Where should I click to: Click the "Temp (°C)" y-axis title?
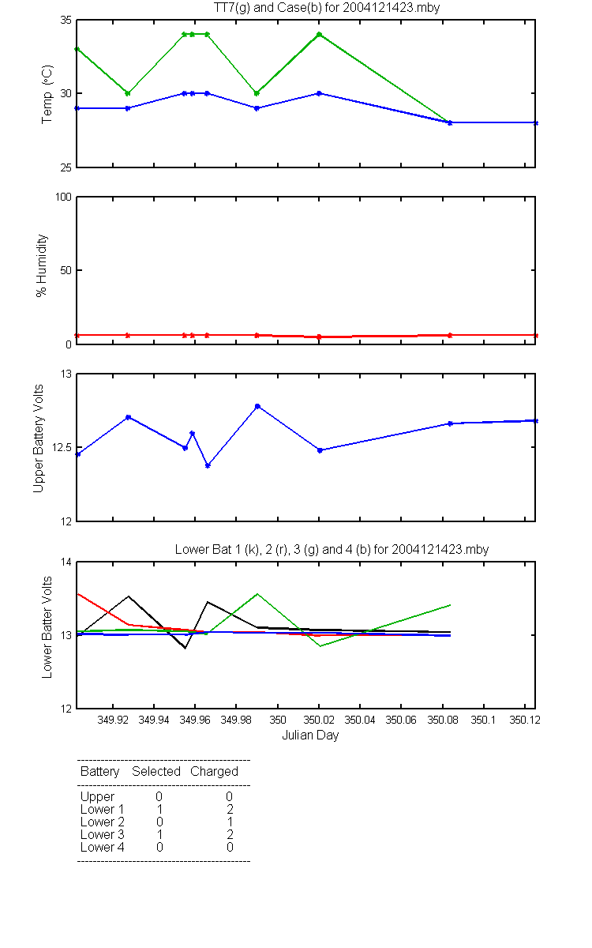(x=47, y=94)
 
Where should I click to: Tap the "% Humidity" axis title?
(x=41, y=265)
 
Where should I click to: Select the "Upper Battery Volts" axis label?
(x=39, y=438)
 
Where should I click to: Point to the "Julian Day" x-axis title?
(x=310, y=735)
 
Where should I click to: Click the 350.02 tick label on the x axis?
(x=319, y=720)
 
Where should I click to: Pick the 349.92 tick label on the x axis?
(x=113, y=720)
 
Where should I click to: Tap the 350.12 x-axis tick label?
(x=525, y=720)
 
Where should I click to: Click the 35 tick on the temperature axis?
(x=66, y=21)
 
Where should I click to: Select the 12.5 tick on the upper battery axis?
(x=62, y=447)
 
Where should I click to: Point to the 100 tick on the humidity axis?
(x=63, y=197)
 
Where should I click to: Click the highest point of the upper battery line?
(x=257, y=406)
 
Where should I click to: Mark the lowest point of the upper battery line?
(x=208, y=465)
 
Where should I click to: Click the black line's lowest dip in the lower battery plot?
(x=185, y=648)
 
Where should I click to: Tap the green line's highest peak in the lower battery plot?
(x=257, y=594)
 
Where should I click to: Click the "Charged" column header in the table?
(x=214, y=772)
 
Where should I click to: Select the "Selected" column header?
(x=156, y=771)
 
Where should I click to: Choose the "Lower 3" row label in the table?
(x=103, y=834)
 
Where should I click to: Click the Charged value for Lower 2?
(x=230, y=822)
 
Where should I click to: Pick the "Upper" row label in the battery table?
(x=97, y=797)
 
